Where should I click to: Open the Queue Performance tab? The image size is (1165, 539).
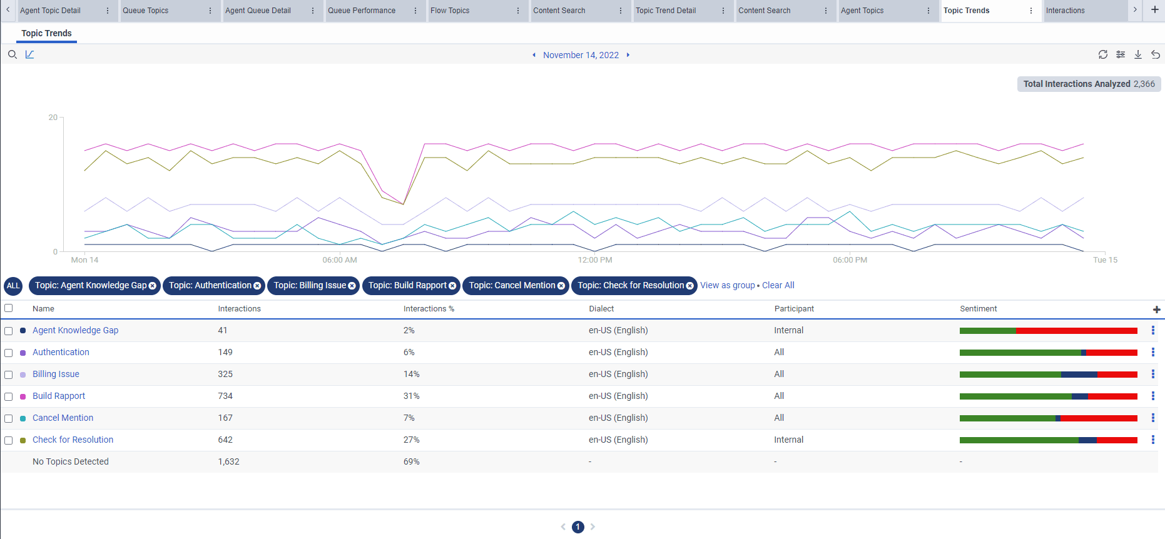[362, 11]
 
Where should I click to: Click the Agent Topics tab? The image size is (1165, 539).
[862, 11]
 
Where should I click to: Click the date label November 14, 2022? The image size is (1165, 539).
[581, 55]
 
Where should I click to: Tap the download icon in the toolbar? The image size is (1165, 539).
[1138, 55]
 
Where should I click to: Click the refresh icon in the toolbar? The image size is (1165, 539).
[1103, 55]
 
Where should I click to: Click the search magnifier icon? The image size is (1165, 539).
[12, 55]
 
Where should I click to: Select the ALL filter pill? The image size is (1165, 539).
[13, 286]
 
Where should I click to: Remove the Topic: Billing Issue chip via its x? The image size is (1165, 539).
[352, 286]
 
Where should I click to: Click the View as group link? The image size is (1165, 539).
[727, 285]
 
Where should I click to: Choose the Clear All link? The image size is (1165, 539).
[778, 285]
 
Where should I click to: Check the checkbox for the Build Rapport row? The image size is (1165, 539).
[9, 396]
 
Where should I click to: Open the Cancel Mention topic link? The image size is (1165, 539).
[63, 418]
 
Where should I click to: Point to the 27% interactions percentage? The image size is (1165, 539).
[411, 440]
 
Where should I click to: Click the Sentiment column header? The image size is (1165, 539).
[978, 309]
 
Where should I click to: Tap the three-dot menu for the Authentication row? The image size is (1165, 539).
[1152, 352]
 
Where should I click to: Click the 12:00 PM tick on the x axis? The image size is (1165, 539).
[594, 259]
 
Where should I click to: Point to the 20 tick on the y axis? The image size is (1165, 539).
[53, 118]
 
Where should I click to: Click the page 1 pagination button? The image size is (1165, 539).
[577, 527]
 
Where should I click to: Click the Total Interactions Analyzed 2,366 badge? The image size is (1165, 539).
[1089, 84]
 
